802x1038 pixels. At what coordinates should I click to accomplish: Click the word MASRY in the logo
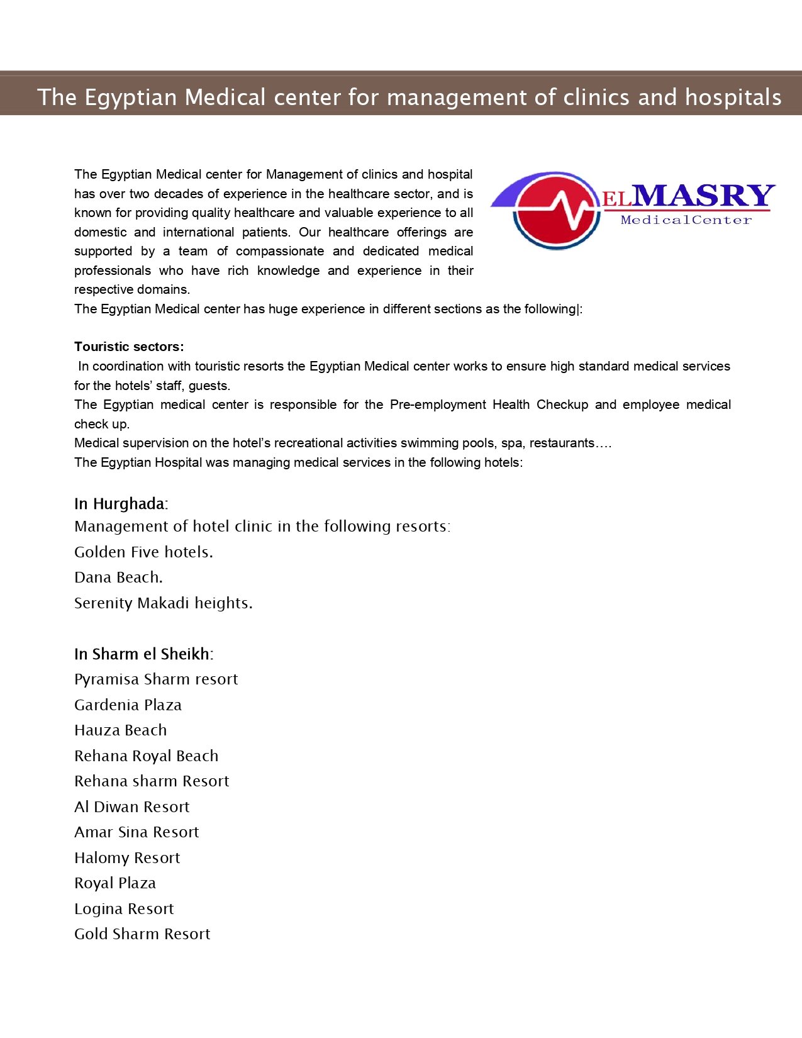[703, 196]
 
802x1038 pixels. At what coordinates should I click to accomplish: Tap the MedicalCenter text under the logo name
[686, 220]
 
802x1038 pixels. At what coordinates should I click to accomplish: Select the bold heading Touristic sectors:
[129, 347]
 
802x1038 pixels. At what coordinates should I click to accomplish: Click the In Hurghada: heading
[121, 504]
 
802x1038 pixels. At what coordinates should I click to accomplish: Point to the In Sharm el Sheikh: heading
[143, 654]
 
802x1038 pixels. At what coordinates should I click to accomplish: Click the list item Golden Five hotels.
[143, 552]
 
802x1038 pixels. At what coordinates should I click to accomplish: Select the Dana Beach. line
[118, 578]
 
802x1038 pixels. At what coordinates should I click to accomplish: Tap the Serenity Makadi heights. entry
[163, 603]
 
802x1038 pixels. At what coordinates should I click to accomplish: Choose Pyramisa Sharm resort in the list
[156, 679]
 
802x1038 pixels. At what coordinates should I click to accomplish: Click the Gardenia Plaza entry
[128, 705]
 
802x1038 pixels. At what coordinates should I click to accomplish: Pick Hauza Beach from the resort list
[120, 730]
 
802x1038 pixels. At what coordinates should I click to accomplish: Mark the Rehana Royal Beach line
[146, 756]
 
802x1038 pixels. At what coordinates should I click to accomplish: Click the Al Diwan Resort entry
[131, 807]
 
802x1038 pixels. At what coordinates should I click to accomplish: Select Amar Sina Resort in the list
[136, 832]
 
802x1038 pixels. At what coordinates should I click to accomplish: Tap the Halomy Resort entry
[127, 858]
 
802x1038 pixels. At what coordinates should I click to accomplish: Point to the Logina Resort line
[124, 909]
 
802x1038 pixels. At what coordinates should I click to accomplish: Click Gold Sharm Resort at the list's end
[142, 934]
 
